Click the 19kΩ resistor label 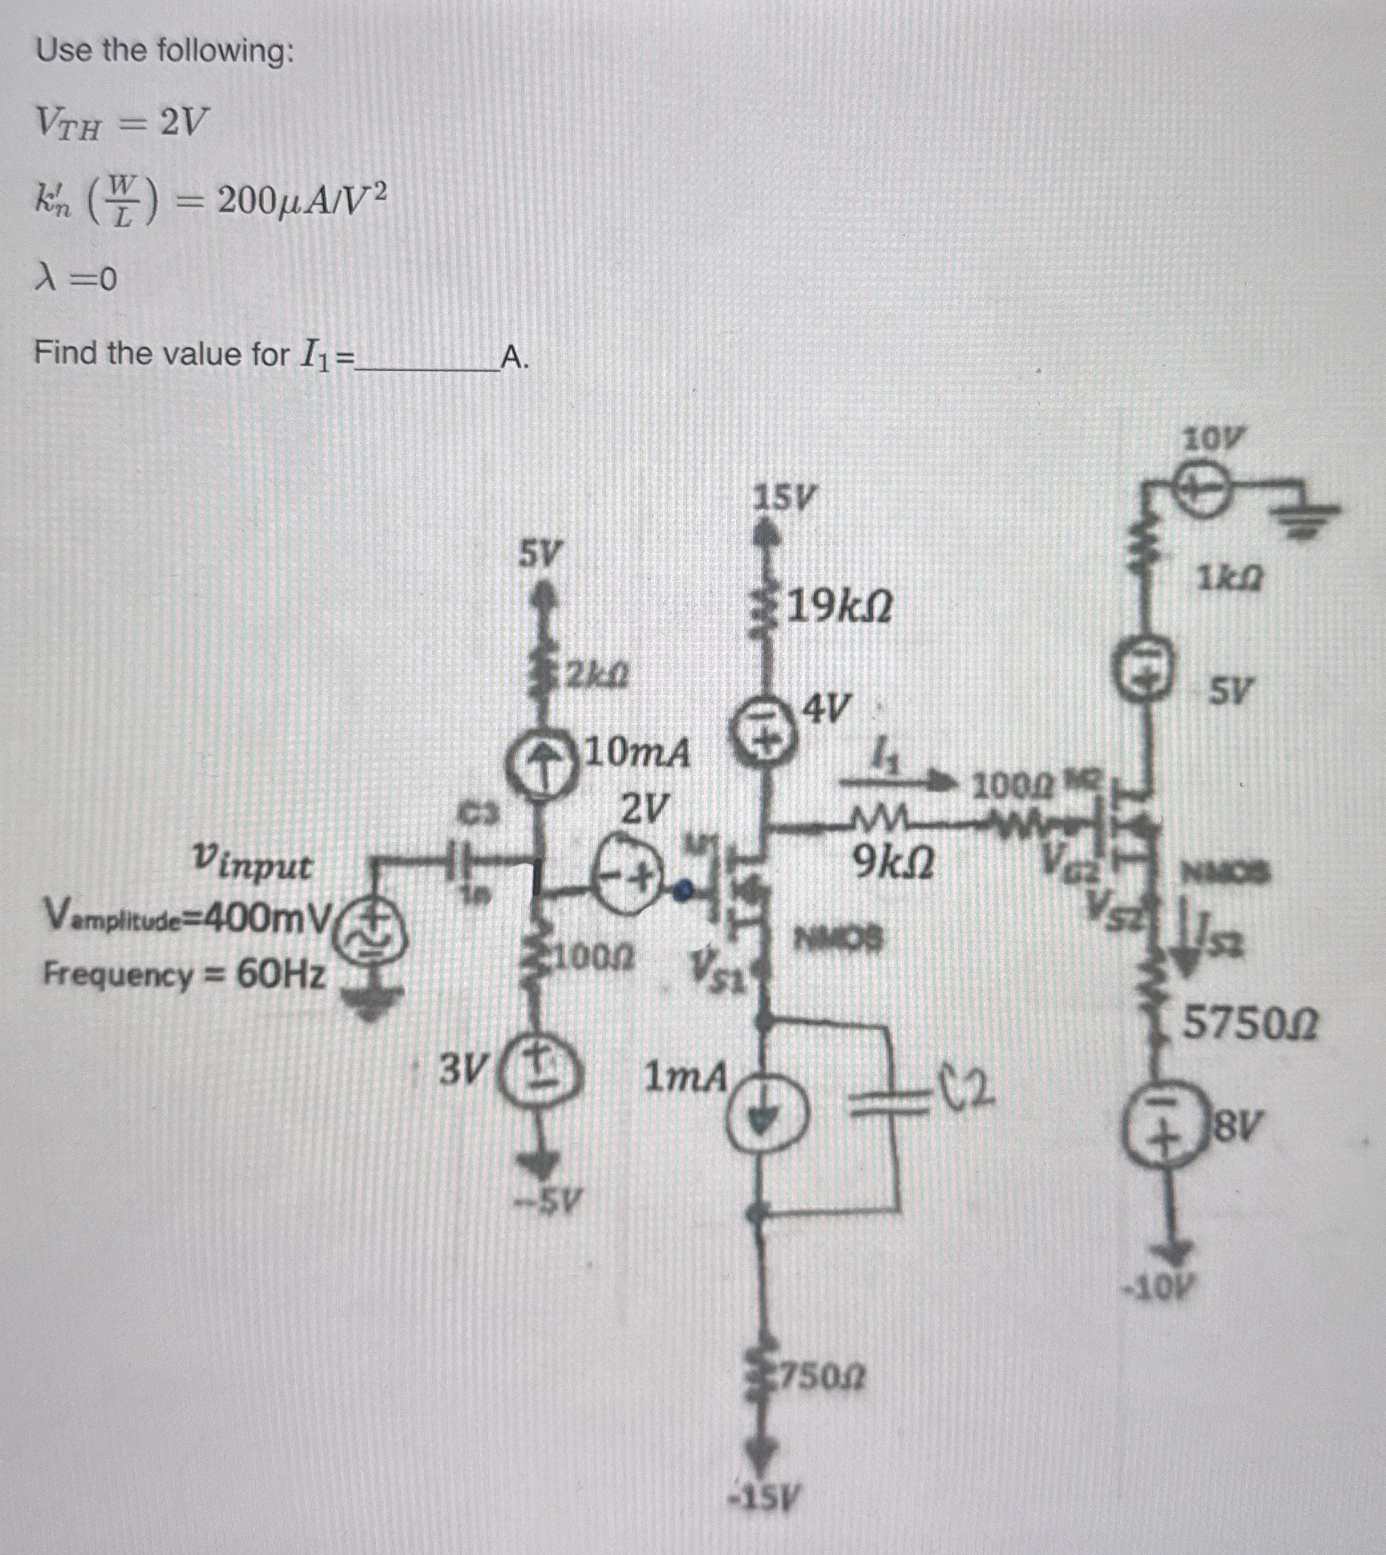[839, 607]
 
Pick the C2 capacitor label [972, 1090]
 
